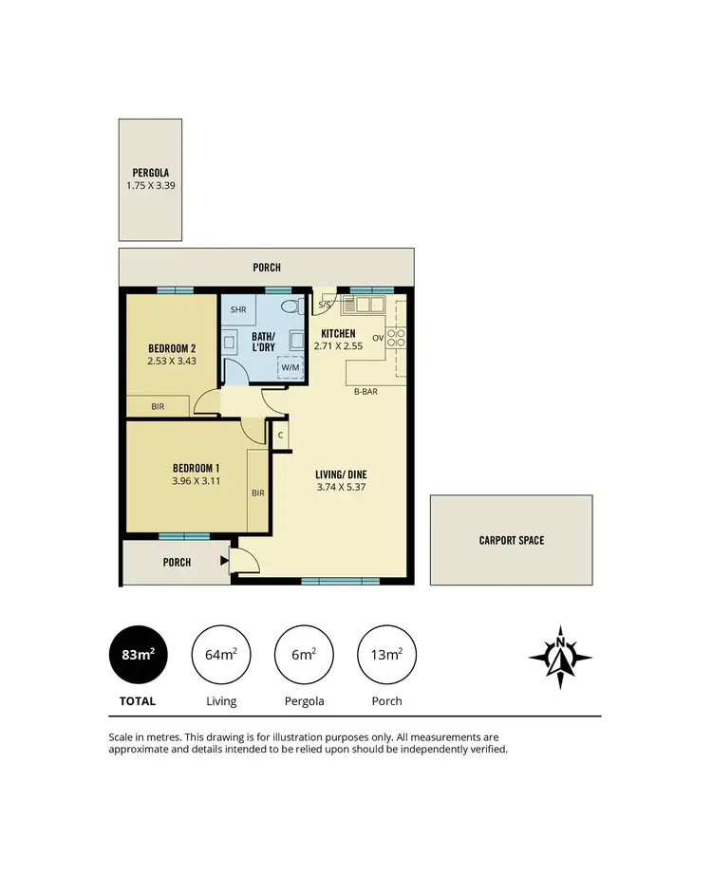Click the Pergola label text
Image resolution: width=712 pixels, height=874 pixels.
click(150, 173)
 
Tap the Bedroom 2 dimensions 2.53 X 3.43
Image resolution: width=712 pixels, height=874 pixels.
click(172, 361)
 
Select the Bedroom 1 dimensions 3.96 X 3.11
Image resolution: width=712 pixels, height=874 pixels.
click(197, 481)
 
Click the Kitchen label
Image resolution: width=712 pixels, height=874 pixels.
click(338, 334)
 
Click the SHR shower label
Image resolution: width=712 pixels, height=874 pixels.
click(237, 309)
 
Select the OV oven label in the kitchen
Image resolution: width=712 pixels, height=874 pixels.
click(377, 338)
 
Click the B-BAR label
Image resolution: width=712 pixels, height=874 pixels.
click(366, 391)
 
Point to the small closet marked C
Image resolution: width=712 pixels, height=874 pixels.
click(280, 436)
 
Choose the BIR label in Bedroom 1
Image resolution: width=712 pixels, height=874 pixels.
click(257, 493)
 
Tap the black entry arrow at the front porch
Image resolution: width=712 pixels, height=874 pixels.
click(224, 561)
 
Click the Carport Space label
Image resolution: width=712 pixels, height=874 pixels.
click(511, 540)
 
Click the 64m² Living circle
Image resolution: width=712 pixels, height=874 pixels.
click(221, 655)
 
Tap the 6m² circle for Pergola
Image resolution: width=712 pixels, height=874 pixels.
click(304, 655)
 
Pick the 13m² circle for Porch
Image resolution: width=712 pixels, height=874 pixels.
click(386, 655)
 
